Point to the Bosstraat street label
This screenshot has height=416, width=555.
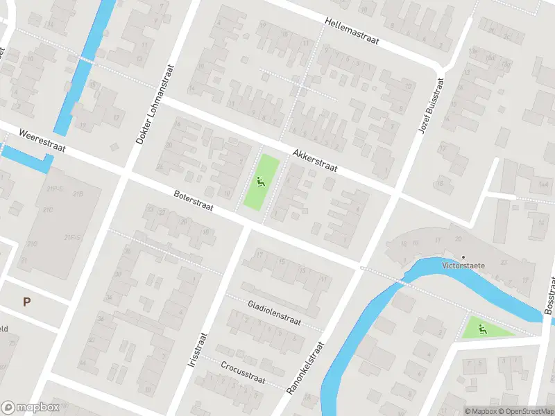click(x=549, y=296)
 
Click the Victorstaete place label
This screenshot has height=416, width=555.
click(x=463, y=266)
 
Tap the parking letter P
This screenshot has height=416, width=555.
click(x=27, y=302)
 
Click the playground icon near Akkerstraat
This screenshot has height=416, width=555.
click(x=261, y=182)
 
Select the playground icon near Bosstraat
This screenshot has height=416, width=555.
click(x=482, y=329)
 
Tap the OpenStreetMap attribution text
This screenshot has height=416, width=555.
click(x=524, y=411)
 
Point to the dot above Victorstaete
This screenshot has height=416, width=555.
click(x=463, y=257)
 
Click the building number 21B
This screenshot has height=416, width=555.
click(x=78, y=193)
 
